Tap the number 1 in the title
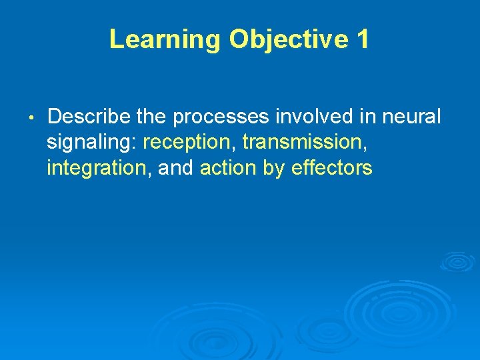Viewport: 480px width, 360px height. pos(362,39)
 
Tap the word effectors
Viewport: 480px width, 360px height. pos(332,169)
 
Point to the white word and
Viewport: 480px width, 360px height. pos(175,169)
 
